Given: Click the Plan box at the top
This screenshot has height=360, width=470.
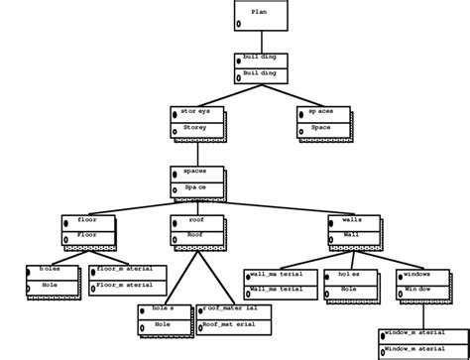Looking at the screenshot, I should (x=261, y=15).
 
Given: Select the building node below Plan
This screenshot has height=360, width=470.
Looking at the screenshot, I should (x=261, y=67).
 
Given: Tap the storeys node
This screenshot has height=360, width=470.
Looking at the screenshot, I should (x=196, y=121).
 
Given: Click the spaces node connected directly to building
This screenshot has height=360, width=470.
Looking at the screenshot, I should (x=322, y=121).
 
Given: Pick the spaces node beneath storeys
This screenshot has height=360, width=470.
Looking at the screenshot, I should (x=196, y=180).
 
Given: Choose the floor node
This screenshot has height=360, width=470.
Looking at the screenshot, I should (x=88, y=230).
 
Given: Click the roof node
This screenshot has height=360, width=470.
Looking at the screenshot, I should (x=196, y=230).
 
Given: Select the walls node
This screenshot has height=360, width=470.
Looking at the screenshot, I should (x=354, y=230).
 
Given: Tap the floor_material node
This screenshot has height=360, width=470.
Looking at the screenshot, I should (x=127, y=281).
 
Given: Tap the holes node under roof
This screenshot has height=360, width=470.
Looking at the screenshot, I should (x=164, y=318).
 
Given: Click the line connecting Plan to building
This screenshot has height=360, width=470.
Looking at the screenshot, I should (x=261, y=42).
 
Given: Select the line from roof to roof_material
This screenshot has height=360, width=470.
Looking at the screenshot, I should (x=215, y=275).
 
